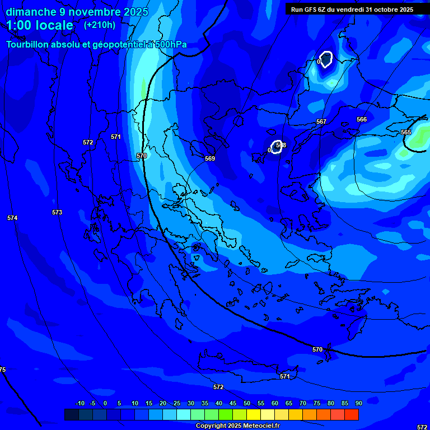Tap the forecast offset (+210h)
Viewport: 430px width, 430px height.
[x=100, y=25]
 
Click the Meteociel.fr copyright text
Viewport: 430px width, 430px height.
[x=237, y=426]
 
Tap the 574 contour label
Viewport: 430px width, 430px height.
[x=12, y=218]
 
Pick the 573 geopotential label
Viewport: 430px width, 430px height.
[x=57, y=212]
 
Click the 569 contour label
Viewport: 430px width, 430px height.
[x=210, y=158]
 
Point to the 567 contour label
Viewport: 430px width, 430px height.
[x=321, y=121]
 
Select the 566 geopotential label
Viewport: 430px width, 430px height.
[x=362, y=119]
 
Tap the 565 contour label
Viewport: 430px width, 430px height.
[x=406, y=132]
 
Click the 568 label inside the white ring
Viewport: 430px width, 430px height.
[x=281, y=145]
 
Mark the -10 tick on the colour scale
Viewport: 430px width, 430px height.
[x=80, y=403]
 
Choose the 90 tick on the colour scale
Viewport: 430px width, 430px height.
[x=358, y=403]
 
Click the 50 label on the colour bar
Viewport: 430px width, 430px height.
[x=247, y=403]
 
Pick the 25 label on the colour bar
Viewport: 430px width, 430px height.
[x=177, y=403]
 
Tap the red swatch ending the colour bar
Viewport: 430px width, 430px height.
[x=352, y=414]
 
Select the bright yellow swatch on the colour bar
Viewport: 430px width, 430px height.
[x=254, y=414]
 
